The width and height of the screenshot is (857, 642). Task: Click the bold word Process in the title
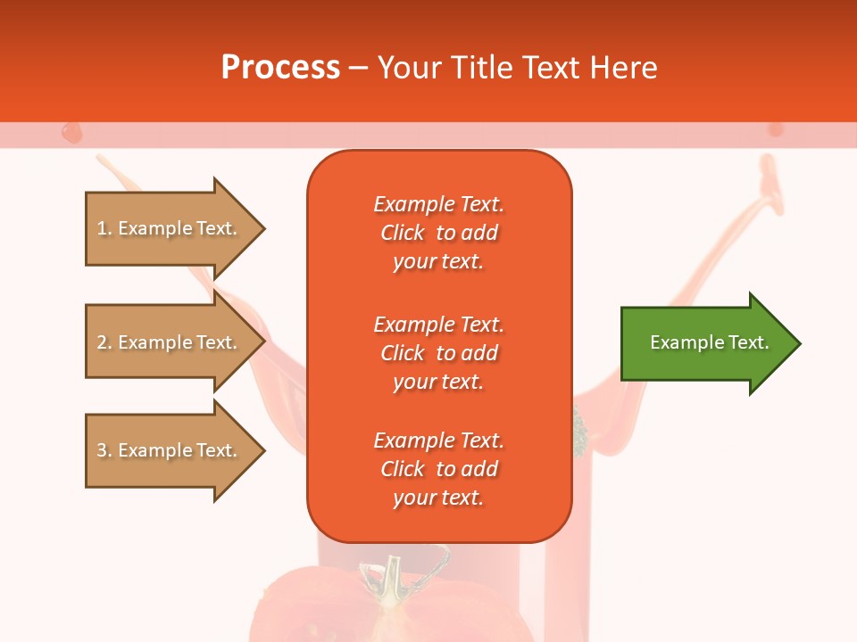tap(280, 68)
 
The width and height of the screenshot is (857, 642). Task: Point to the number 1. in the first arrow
tap(104, 229)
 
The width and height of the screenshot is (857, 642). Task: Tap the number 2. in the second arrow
tap(104, 343)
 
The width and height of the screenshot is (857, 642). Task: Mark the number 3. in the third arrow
tap(104, 451)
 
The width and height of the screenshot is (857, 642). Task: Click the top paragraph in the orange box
tap(438, 233)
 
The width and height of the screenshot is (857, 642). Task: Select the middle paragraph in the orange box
tap(438, 353)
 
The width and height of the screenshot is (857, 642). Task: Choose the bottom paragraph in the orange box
tap(438, 469)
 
